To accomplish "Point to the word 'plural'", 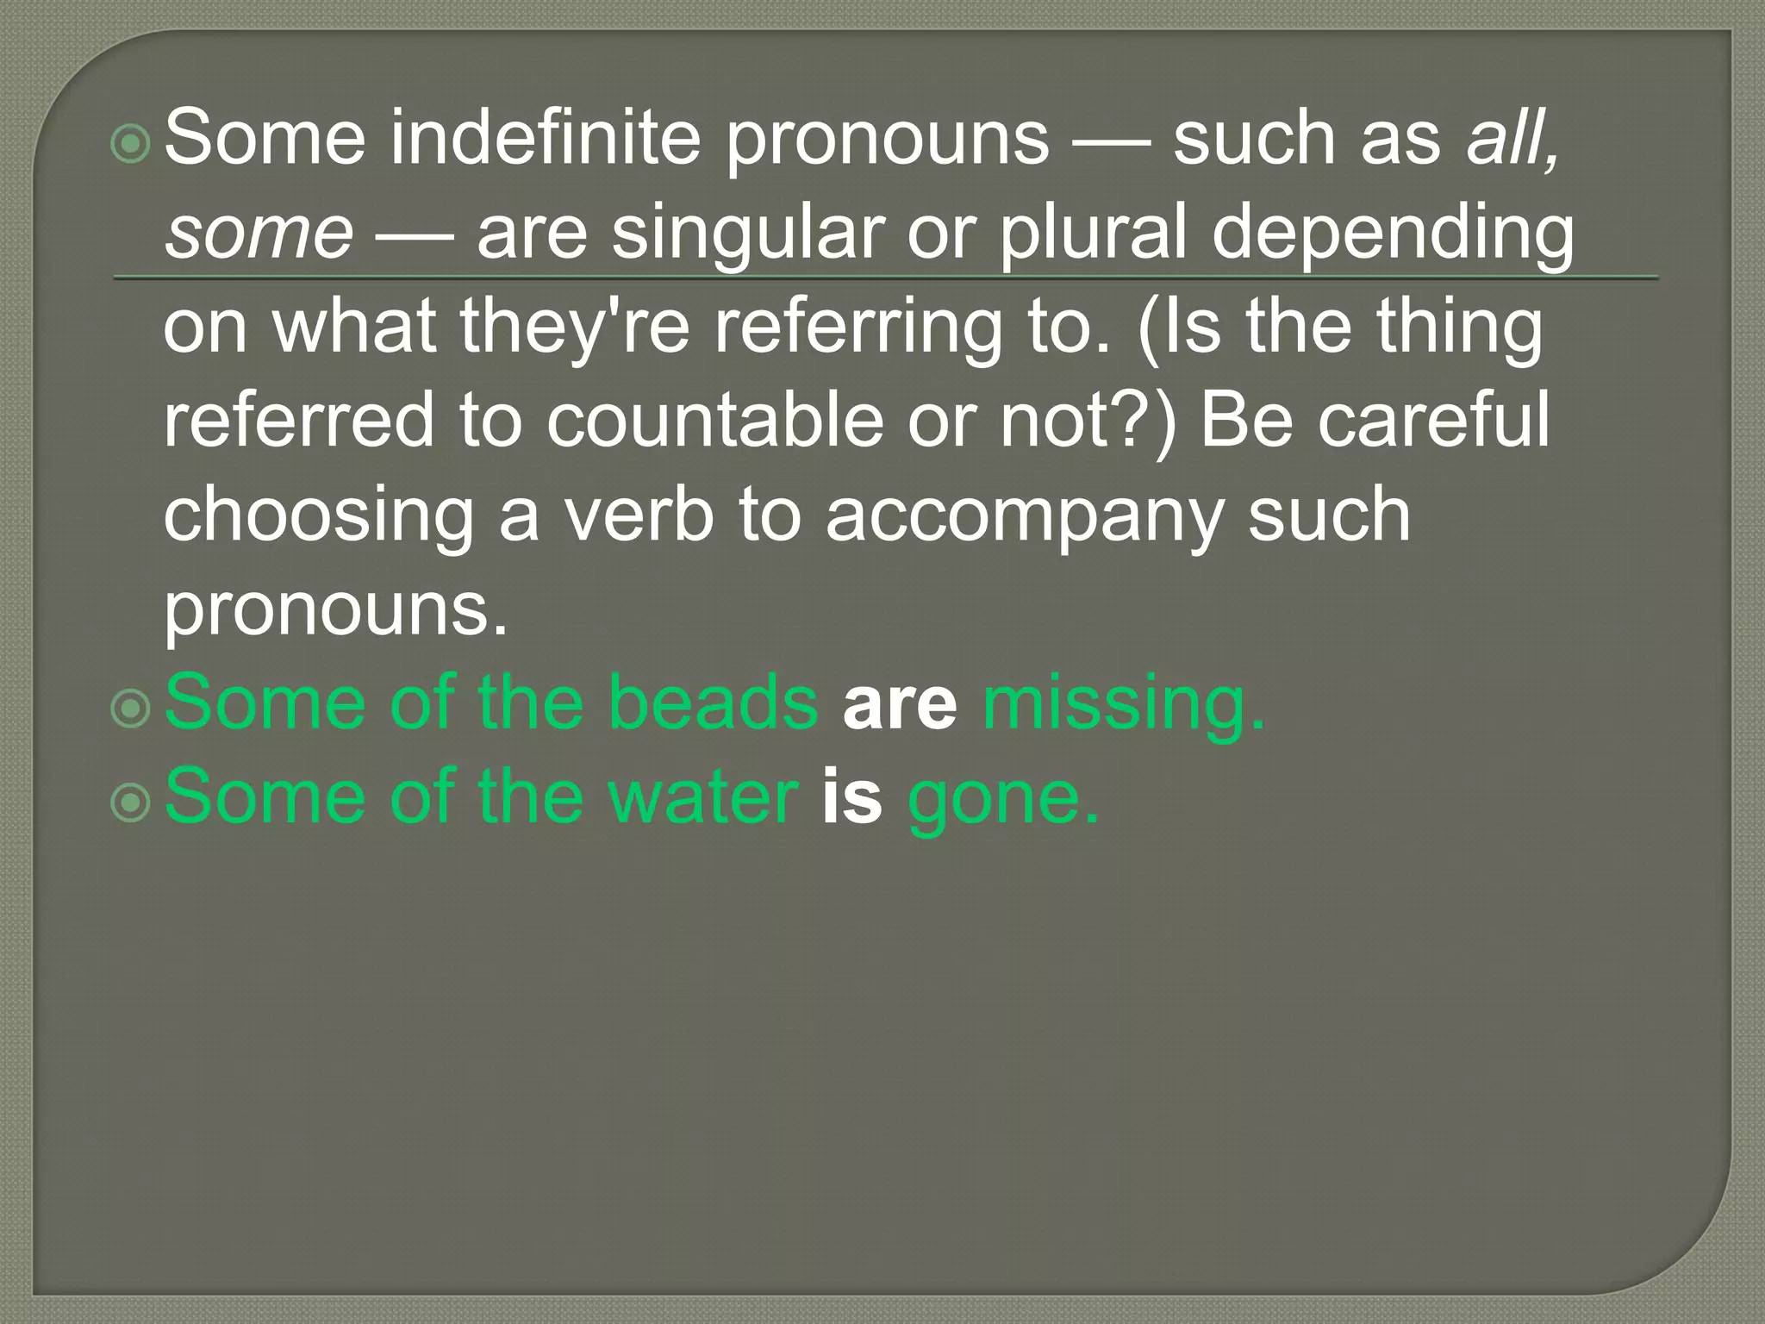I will click(x=1093, y=234).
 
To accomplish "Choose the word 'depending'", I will click(x=1393, y=234).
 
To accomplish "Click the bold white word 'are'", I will click(x=900, y=704).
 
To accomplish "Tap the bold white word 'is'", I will click(x=852, y=797).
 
